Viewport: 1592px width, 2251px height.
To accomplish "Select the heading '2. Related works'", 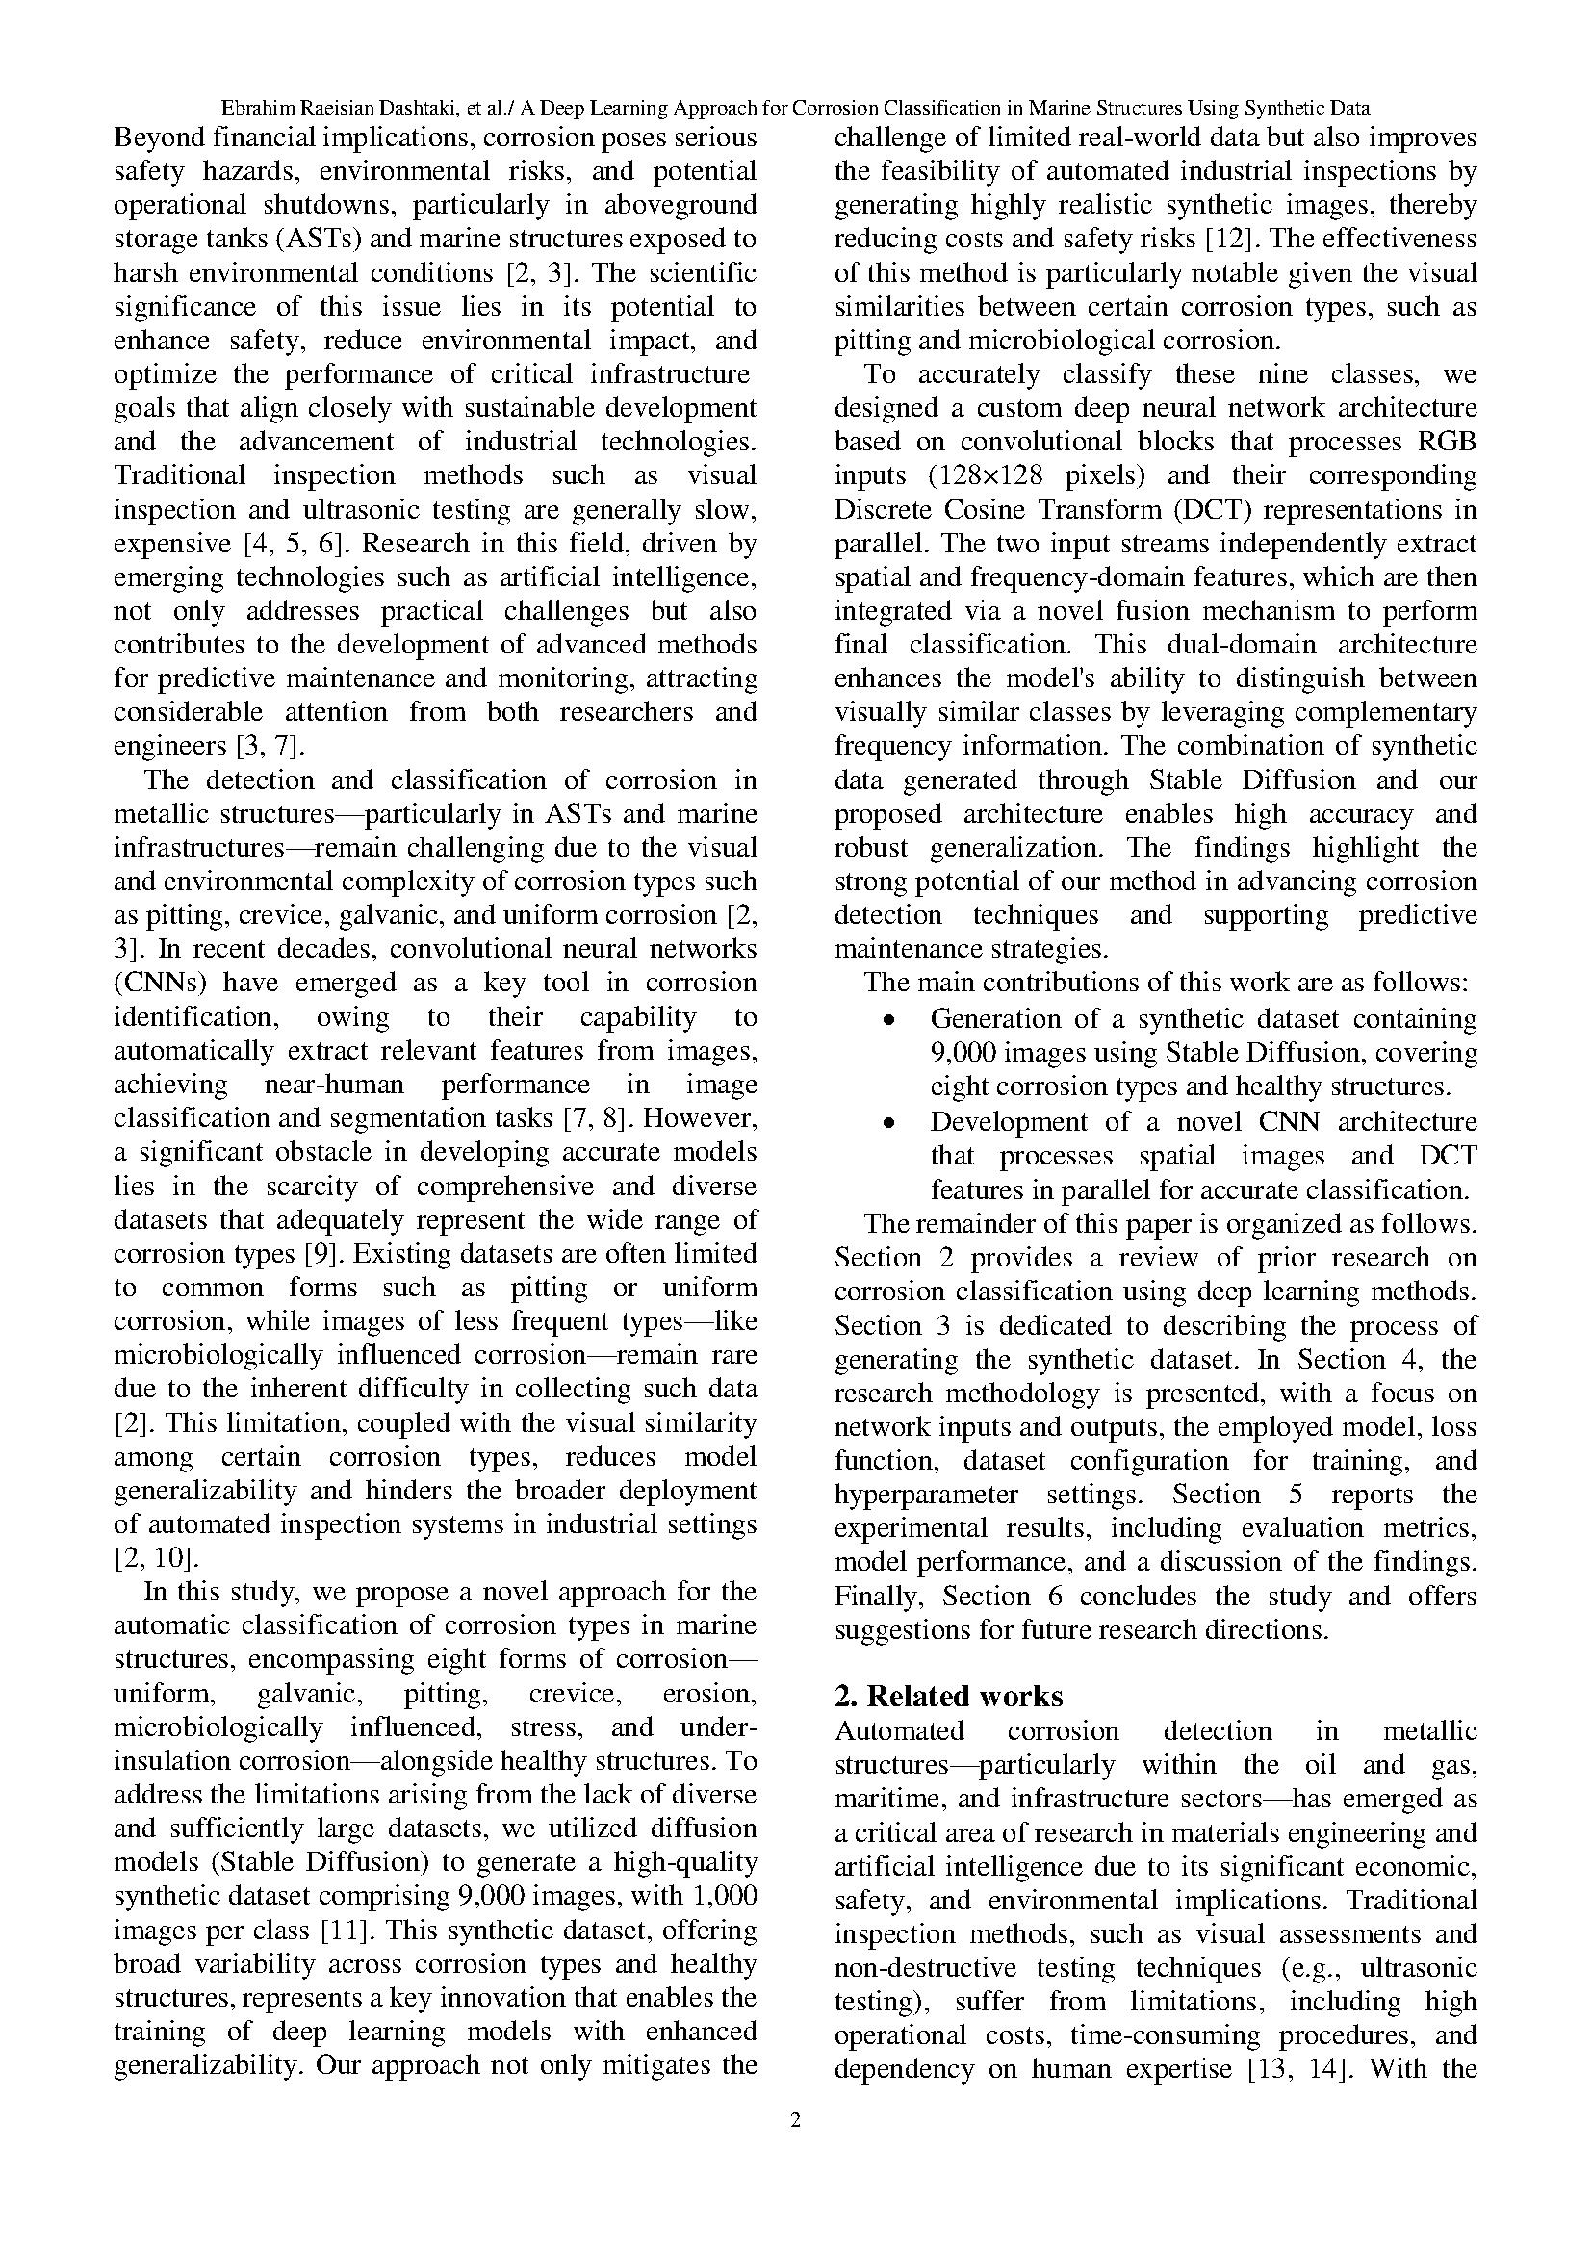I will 948,1696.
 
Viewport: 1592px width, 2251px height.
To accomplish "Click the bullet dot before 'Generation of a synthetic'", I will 888,1020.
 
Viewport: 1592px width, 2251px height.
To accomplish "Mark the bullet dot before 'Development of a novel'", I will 888,1122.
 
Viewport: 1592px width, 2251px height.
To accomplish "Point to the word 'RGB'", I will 1447,442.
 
